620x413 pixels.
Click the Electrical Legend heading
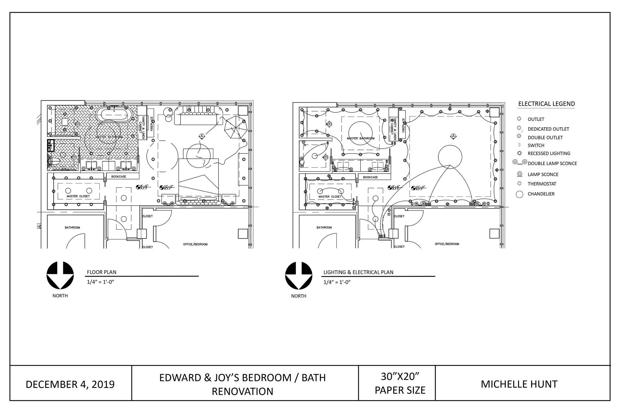546,104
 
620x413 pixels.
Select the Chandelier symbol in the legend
519,194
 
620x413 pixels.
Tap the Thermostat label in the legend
542,184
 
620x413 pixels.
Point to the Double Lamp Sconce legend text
552,163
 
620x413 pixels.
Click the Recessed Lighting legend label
549,153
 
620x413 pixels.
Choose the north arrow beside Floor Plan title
60,275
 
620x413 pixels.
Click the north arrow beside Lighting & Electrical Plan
299,275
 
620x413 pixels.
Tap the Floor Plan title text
101,272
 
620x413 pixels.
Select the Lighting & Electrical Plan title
358,272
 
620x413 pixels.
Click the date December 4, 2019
70,385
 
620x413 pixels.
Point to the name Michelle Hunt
519,384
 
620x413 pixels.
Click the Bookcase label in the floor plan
119,176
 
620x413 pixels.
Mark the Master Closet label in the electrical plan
330,196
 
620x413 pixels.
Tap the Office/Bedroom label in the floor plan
195,245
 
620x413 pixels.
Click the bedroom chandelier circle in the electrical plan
450,157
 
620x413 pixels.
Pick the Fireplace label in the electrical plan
403,125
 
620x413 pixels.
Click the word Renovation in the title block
242,392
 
